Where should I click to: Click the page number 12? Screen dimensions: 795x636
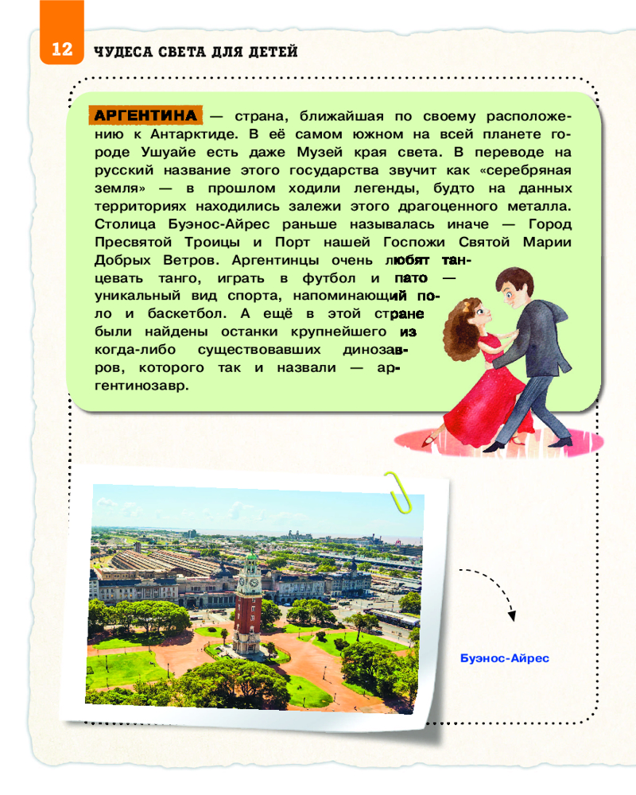pyautogui.click(x=62, y=50)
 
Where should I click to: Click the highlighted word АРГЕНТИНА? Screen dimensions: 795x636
pyautogui.click(x=145, y=114)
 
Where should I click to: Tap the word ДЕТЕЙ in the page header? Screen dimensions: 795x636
pyautogui.click(x=273, y=52)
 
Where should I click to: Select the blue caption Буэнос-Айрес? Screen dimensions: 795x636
pyautogui.click(x=505, y=658)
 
